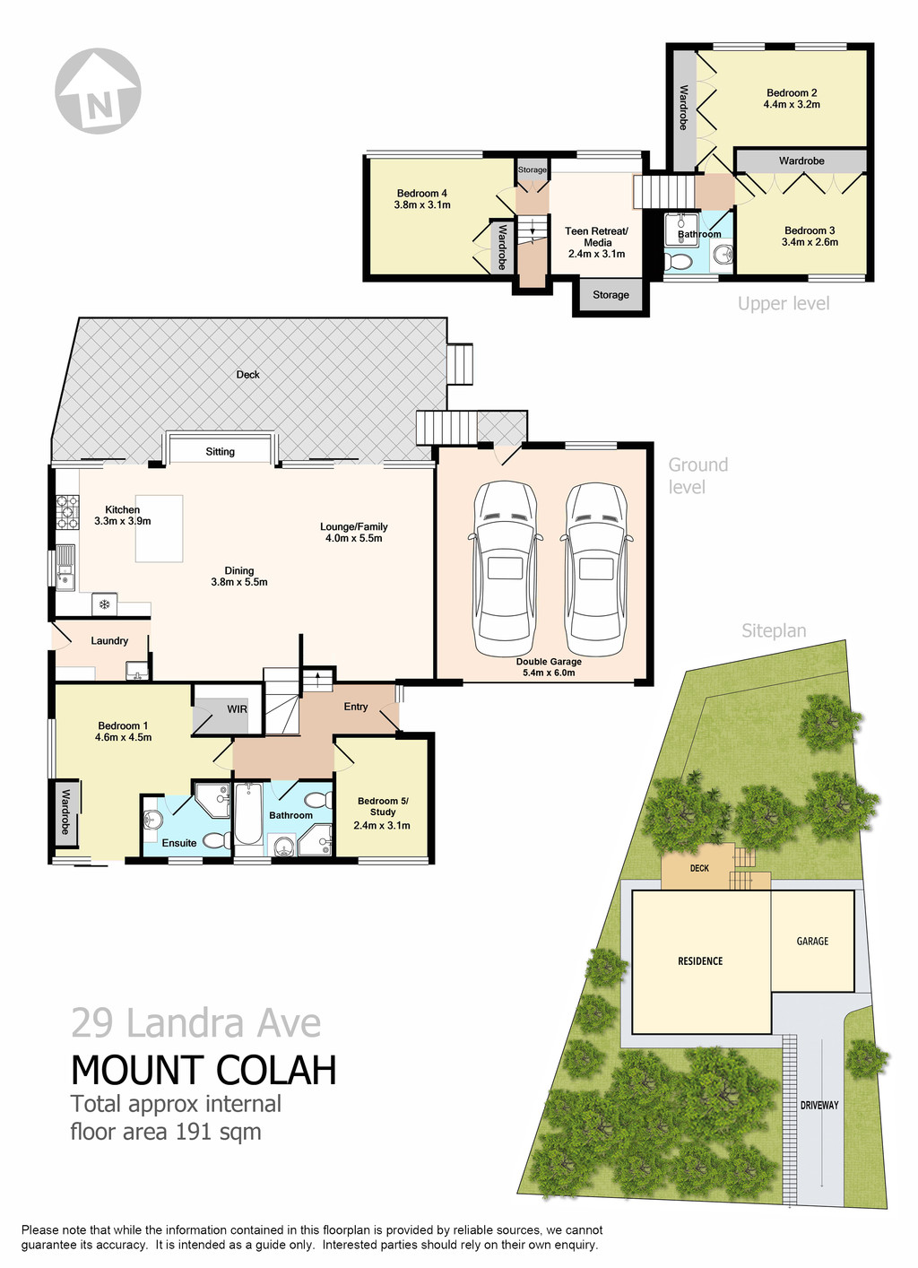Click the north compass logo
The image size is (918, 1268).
(98, 91)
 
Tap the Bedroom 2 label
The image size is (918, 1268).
(792, 93)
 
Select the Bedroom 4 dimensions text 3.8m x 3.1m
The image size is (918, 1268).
(422, 205)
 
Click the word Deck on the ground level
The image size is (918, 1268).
(248, 375)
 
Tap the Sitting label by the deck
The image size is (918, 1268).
(220, 452)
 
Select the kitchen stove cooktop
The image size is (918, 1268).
(67, 512)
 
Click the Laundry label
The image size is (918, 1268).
(109, 641)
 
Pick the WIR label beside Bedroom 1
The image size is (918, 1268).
(237, 709)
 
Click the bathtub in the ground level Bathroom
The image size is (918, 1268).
(247, 814)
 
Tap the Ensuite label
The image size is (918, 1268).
(179, 843)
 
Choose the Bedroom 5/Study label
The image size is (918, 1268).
(383, 806)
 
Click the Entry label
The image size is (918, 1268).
(356, 707)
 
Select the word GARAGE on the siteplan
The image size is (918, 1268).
(812, 942)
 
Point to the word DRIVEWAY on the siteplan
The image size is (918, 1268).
(819, 1105)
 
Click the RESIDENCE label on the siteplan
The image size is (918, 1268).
(700, 961)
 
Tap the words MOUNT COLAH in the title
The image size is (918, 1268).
(204, 1071)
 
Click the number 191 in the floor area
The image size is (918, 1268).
(194, 1132)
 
